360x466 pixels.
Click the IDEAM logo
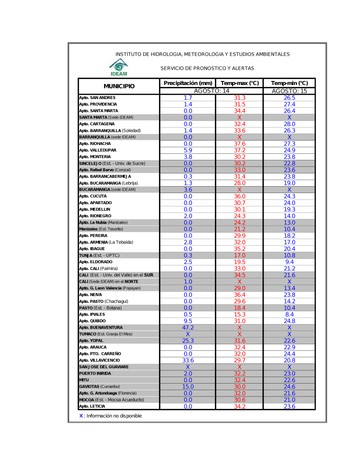pos(119,67)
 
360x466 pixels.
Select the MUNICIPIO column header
pos(119,86)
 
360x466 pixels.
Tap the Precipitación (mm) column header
pos(188,83)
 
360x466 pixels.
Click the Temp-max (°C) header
pos(240,83)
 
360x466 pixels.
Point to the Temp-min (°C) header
pos(289,83)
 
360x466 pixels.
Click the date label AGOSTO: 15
pos(289,91)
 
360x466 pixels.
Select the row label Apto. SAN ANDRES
pos(98,98)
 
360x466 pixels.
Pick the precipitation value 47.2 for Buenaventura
pos(188,328)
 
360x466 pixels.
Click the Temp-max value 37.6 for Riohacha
pos(240,144)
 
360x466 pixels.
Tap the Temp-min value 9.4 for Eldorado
pos(289,262)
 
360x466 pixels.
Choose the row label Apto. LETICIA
pos(93,406)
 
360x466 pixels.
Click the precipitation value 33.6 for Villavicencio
pos(188,360)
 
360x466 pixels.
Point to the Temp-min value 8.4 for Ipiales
pos(289,315)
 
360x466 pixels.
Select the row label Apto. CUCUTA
pos(93,196)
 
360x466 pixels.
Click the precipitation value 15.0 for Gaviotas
pos(188,387)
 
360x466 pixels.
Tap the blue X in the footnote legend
pos(81,416)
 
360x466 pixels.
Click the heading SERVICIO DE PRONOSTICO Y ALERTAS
pos(207,68)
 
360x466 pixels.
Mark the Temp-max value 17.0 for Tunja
pos(240,255)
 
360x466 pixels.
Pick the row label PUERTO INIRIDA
pos(95,373)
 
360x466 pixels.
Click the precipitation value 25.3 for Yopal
pos(188,341)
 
